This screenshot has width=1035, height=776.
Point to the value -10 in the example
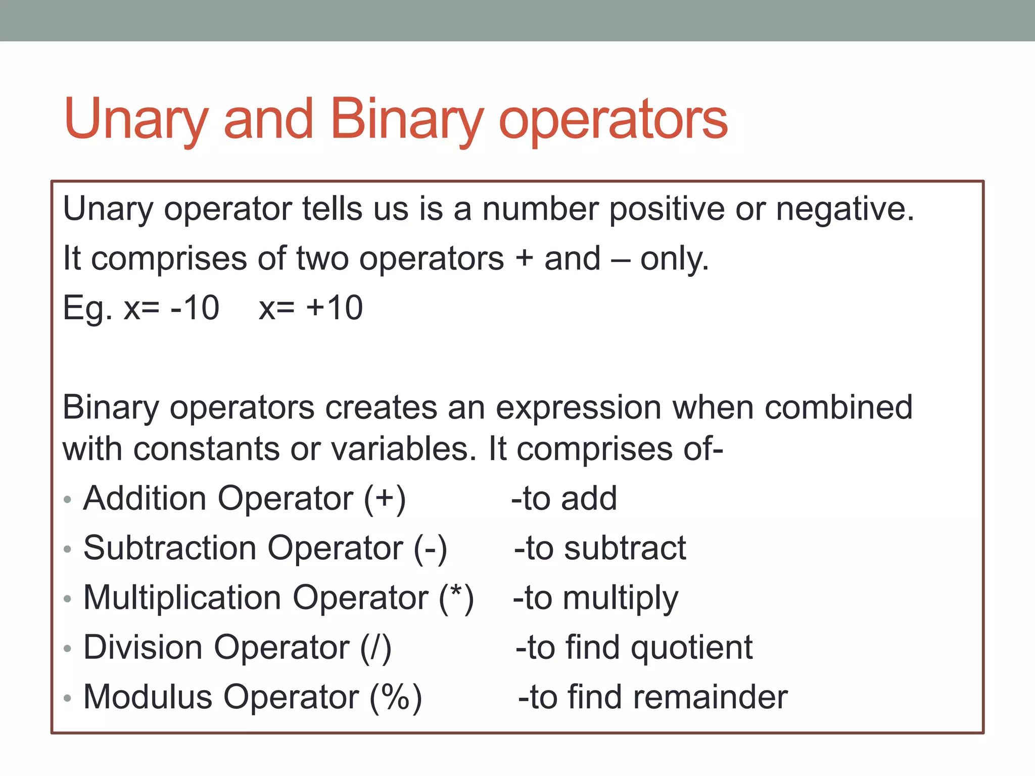(195, 308)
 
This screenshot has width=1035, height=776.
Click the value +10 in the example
(335, 308)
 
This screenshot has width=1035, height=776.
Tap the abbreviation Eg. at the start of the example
(87, 309)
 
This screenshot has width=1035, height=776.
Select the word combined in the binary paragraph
(838, 407)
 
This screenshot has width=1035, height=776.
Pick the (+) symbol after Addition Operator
(385, 499)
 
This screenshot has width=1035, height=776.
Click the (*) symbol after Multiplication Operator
(456, 598)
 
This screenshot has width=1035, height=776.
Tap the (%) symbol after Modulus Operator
(396, 697)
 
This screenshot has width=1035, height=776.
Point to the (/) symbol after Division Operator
(375, 648)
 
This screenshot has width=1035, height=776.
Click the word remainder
(710, 697)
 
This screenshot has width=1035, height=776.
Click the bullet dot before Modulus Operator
(68, 699)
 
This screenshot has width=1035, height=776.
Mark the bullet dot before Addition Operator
(68, 500)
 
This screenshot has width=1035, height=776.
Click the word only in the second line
(674, 259)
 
